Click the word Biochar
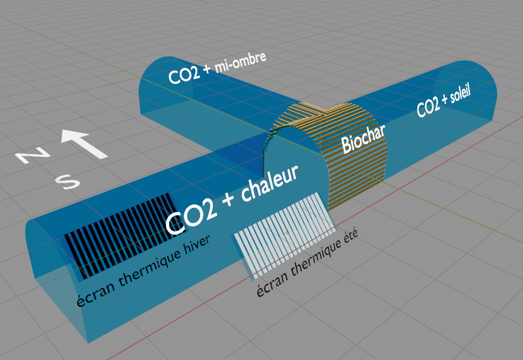click(x=363, y=139)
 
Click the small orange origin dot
click(x=287, y=232)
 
